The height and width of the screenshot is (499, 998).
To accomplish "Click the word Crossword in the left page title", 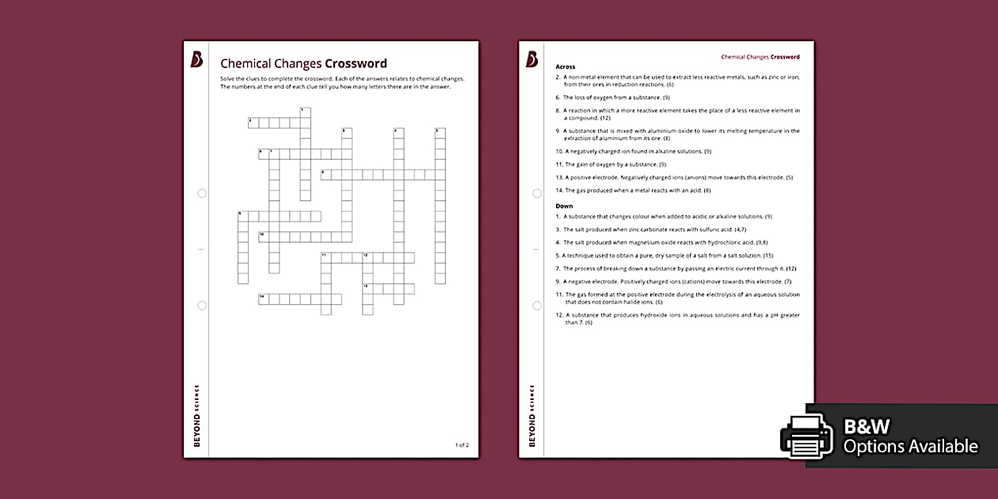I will coord(356,63).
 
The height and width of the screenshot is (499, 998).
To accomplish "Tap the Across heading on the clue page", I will coord(566,67).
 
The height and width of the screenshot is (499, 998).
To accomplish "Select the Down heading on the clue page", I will coord(564,206).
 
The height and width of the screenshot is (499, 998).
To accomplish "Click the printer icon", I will coord(806,436).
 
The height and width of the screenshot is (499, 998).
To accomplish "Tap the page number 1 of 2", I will coord(462,445).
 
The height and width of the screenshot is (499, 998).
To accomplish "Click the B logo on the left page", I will coord(196,59).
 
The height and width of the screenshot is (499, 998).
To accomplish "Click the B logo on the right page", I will coord(531,59).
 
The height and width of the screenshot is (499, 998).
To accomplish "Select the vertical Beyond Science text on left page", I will coord(196,416).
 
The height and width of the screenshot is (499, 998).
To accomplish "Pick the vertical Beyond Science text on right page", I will coord(531,416).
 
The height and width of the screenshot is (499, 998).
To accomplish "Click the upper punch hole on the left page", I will coord(202,193).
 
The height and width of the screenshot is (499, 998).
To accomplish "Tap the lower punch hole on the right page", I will coord(537,305).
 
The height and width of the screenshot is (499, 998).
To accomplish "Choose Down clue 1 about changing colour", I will coord(664,216).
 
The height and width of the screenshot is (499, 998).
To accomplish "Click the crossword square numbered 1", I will coord(305,112).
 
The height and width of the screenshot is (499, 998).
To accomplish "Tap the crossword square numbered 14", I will coord(264,299).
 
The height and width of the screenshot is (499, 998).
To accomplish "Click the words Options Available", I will coord(910,447).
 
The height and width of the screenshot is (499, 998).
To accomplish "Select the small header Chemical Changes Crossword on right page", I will coord(760,57).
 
